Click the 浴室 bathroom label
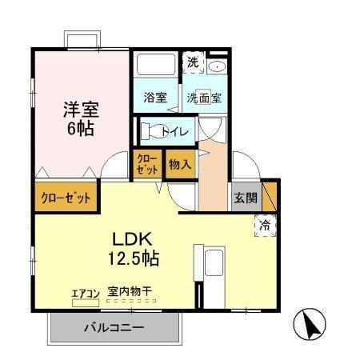(x=155, y=98)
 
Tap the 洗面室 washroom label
(x=204, y=98)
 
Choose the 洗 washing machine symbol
(x=193, y=62)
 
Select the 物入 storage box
(x=179, y=165)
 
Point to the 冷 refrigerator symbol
(x=264, y=226)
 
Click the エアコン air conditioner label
(x=85, y=294)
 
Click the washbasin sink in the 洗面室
(x=218, y=66)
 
